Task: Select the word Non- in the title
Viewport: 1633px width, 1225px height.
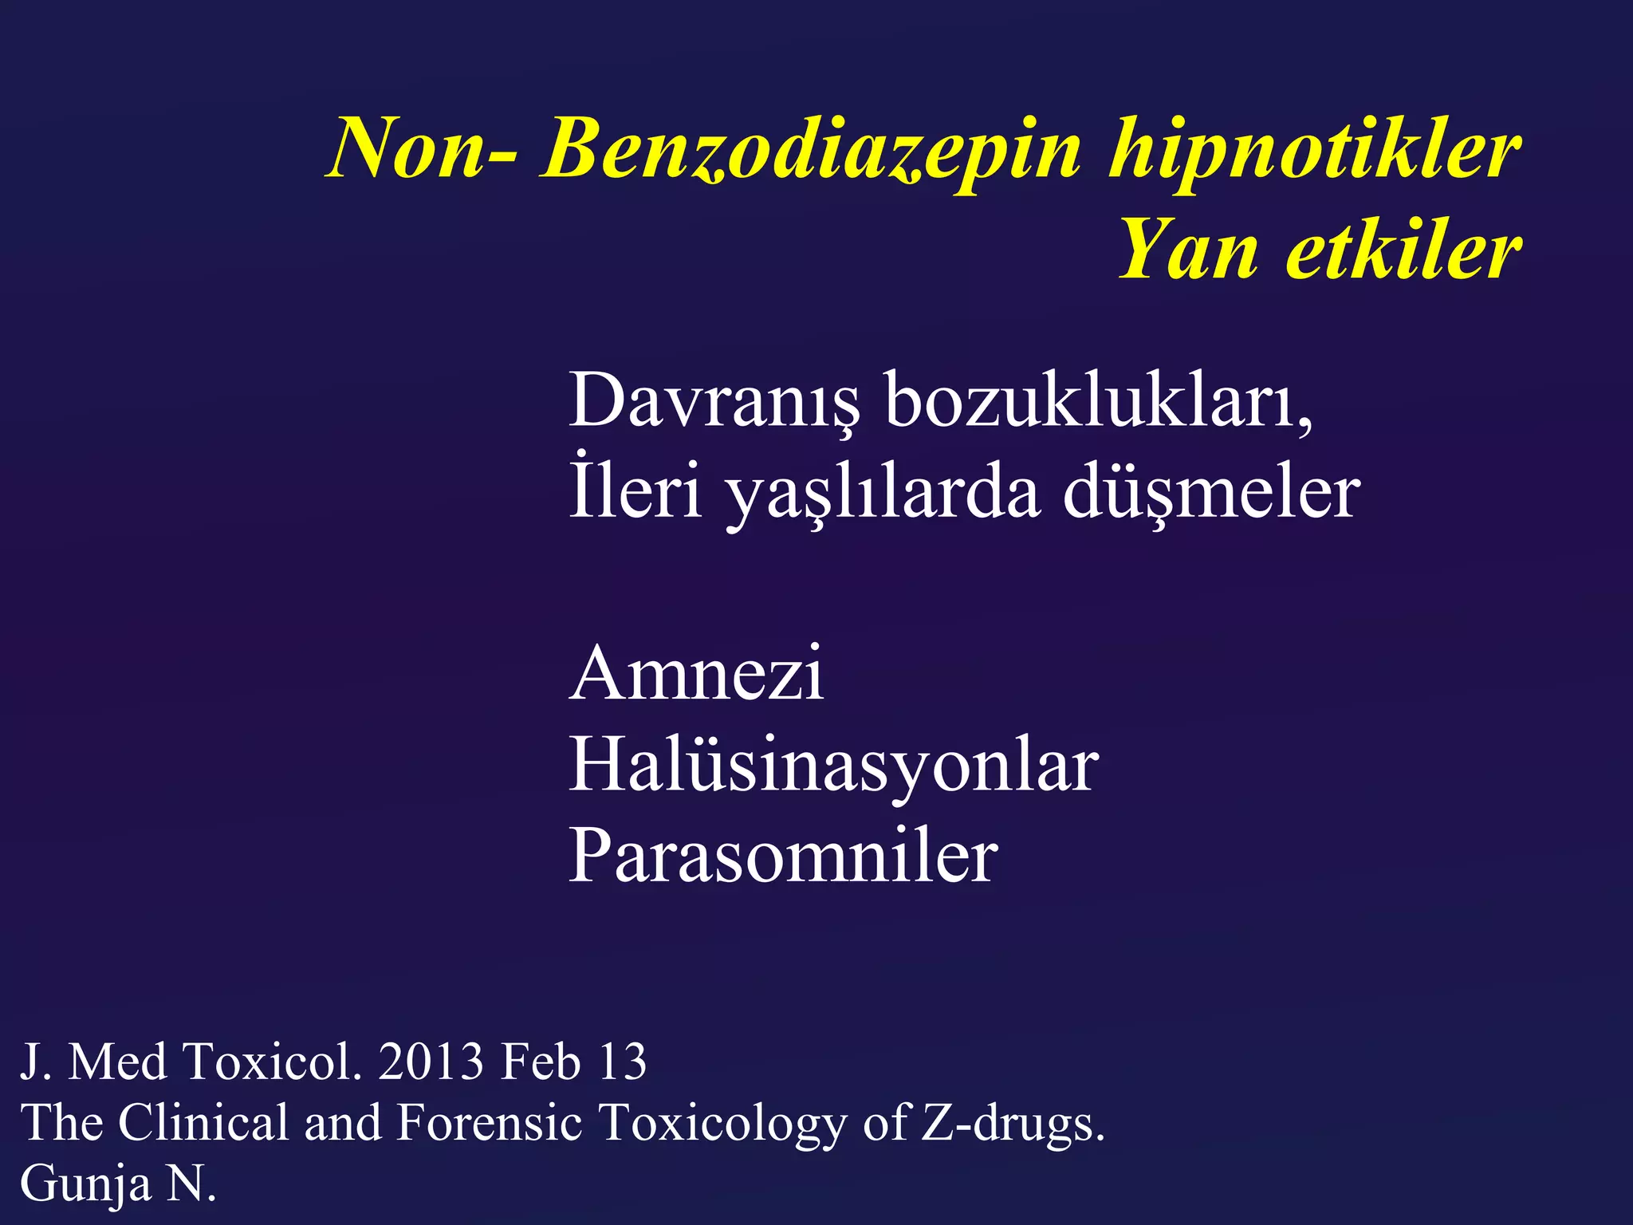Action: (422, 150)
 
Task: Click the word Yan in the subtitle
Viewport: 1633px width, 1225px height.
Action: (1189, 251)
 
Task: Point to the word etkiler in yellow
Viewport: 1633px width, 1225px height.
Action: (1403, 251)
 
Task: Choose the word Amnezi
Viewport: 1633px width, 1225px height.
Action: (696, 674)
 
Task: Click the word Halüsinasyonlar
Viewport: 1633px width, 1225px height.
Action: (833, 766)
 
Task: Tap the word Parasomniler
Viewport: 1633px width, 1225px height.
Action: (783, 857)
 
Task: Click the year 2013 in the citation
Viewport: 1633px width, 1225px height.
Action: (431, 1062)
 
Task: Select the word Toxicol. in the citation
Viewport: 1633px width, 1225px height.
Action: (272, 1062)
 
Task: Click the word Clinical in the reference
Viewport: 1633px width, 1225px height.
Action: (203, 1123)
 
